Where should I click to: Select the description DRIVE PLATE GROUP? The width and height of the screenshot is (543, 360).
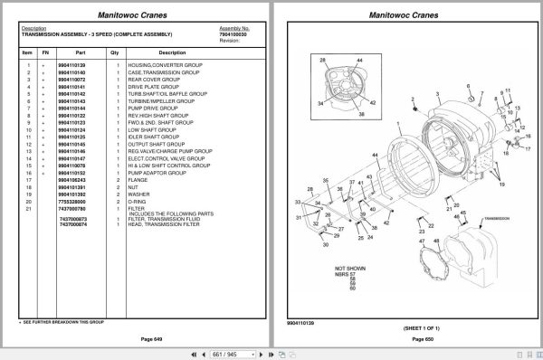coord(155,86)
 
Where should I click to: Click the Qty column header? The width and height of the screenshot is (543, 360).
coord(115,52)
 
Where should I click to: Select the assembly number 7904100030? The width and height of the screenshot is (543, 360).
coord(234,33)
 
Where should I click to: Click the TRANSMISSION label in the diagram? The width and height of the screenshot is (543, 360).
coord(499,218)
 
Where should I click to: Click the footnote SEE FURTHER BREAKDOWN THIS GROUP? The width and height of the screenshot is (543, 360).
coord(63,321)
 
